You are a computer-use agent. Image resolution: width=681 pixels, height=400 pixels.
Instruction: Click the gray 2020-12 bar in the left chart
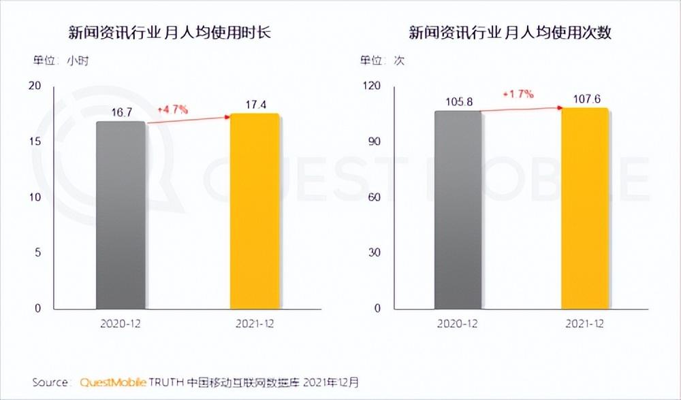[121, 214]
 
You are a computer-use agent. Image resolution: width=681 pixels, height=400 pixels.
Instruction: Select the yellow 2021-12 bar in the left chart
[255, 211]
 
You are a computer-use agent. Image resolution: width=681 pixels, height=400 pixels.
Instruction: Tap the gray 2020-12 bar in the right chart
[458, 209]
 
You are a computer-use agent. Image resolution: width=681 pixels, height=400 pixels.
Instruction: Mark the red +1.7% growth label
[518, 94]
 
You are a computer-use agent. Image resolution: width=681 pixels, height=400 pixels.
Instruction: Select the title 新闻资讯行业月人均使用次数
[509, 33]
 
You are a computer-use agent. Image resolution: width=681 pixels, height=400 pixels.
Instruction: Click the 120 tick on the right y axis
[373, 86]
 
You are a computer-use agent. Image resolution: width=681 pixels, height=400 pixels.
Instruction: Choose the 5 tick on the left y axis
[38, 252]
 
